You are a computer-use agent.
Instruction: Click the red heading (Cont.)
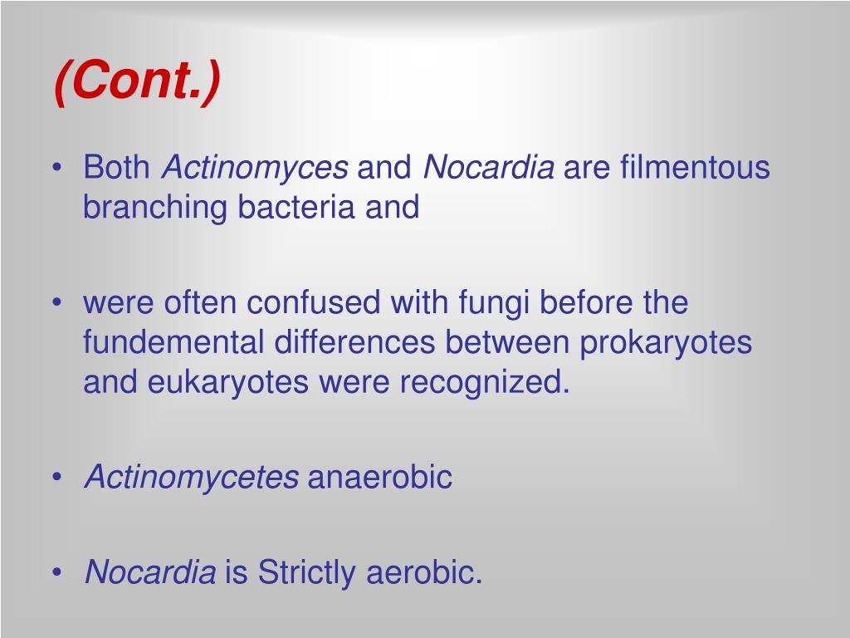tap(138, 81)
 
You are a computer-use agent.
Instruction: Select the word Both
tap(116, 169)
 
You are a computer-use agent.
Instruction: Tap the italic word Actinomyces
tap(255, 169)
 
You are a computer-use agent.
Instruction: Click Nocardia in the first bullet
tap(488, 169)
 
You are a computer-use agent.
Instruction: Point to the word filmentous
tap(695, 169)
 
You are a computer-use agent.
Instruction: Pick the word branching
tap(155, 208)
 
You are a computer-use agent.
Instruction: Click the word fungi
tap(494, 303)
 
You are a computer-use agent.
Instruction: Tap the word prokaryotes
tap(666, 342)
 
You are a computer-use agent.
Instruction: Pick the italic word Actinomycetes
tap(192, 478)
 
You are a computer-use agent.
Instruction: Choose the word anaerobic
tap(380, 478)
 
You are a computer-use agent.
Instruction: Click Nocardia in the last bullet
tap(150, 573)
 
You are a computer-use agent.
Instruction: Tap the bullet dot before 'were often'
tap(56, 303)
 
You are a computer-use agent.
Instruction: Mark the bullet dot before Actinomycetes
tap(56, 478)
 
